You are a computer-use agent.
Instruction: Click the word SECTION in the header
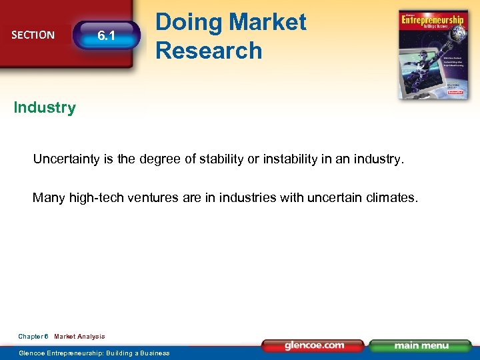pyautogui.click(x=33, y=35)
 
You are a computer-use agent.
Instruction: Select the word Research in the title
pyautogui.click(x=209, y=51)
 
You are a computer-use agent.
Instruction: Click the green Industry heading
pyautogui.click(x=45, y=107)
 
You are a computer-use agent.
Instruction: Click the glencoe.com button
pyautogui.click(x=314, y=346)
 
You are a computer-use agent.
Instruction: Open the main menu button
pyautogui.click(x=421, y=346)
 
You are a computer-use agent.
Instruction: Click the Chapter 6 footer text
pyautogui.click(x=33, y=337)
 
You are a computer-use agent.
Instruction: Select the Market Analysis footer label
pyautogui.click(x=79, y=337)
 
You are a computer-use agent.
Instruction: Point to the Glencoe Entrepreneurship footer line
pyautogui.click(x=94, y=353)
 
